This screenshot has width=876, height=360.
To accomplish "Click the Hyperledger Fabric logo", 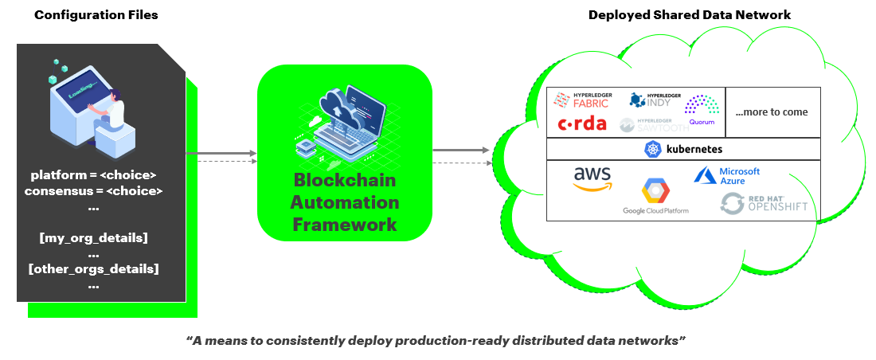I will tap(582, 100).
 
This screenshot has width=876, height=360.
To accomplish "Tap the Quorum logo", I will tap(702, 110).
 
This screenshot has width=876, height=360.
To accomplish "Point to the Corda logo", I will tap(582, 123).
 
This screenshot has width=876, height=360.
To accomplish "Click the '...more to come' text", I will tap(771, 112).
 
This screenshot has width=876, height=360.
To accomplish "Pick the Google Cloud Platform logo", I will tap(655, 197).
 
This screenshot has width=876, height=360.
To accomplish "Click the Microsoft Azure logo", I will tap(728, 176).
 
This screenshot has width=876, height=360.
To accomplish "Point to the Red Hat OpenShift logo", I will tap(764, 203).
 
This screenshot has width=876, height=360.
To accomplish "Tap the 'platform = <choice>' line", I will tap(93, 174).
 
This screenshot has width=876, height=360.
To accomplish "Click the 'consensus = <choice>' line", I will tap(93, 191).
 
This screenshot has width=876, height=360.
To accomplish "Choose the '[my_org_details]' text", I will tap(93, 237).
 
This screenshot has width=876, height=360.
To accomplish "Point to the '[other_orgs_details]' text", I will tap(93, 268).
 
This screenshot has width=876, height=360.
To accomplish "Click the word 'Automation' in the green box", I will tap(345, 202).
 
